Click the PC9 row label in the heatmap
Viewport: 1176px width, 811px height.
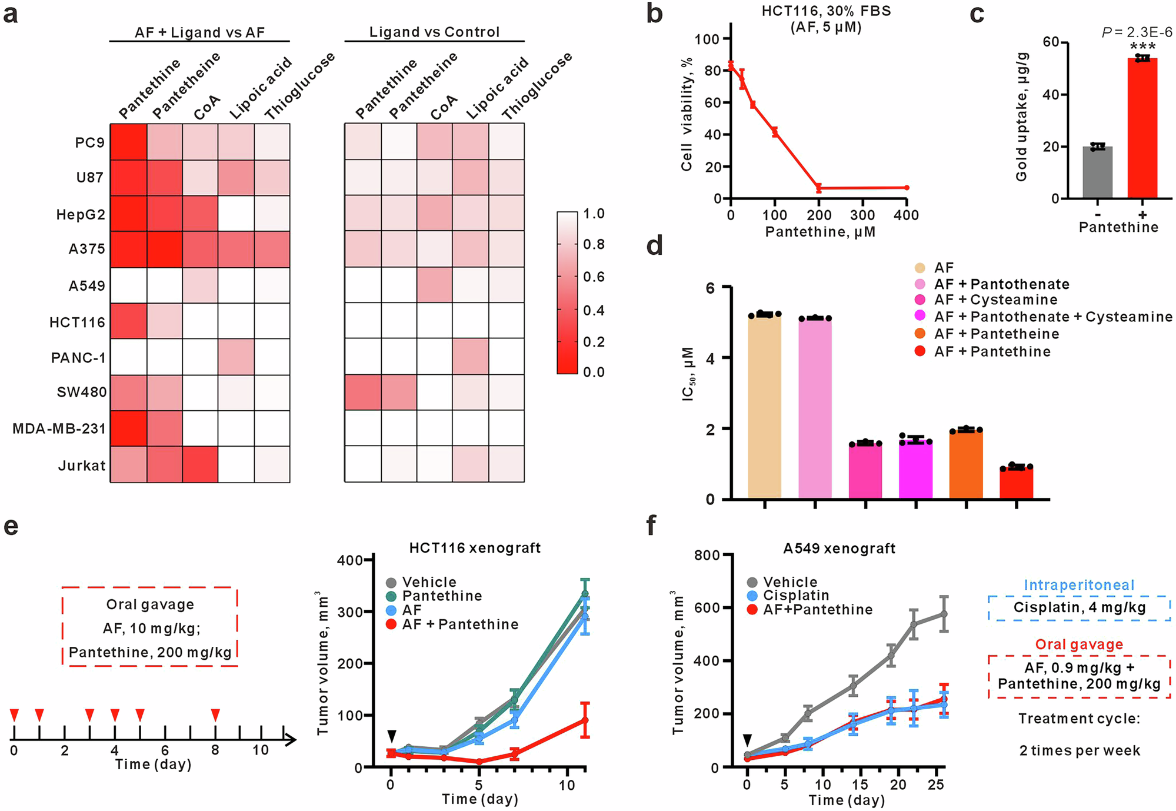89,143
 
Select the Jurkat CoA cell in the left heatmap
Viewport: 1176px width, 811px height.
200,464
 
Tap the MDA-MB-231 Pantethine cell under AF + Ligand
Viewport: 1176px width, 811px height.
128,428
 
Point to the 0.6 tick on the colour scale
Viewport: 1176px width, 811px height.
593,277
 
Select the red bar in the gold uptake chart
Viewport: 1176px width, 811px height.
1142,128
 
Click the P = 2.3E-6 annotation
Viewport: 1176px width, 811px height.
1137,32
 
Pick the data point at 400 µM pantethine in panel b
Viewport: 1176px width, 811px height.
907,188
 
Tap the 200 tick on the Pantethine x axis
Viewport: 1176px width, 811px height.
819,215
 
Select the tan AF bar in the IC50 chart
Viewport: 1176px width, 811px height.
764,406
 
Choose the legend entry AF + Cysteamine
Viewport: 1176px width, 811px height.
995,300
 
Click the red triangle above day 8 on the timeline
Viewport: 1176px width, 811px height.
215,714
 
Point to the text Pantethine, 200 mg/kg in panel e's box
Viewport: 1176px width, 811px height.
150,653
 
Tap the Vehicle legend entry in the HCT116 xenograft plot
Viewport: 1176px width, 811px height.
429,582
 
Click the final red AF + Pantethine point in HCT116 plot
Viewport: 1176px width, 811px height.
584,720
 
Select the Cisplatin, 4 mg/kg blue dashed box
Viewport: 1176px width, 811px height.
1079,607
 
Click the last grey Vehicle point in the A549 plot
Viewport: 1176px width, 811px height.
944,614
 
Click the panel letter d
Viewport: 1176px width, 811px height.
654,245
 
